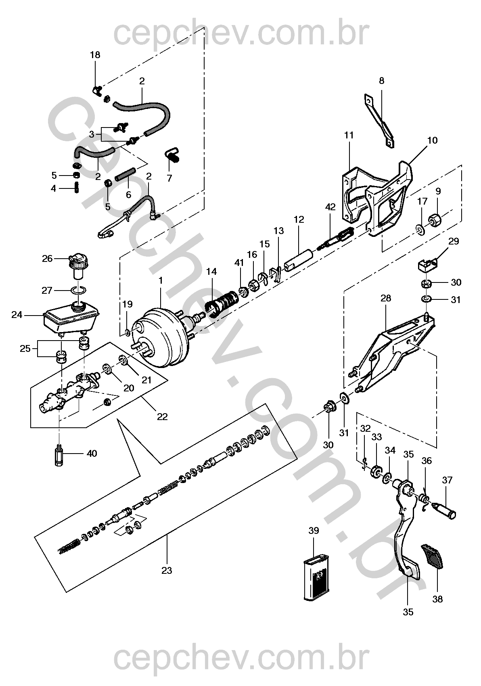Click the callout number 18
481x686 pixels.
coord(95,55)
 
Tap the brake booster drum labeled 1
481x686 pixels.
coord(161,337)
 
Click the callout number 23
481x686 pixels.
coord(166,570)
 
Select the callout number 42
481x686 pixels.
coord(330,207)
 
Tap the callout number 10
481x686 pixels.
coord(432,140)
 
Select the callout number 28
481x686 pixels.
coord(386,298)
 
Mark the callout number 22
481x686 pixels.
coord(162,416)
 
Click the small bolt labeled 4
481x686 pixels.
coord(76,188)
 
